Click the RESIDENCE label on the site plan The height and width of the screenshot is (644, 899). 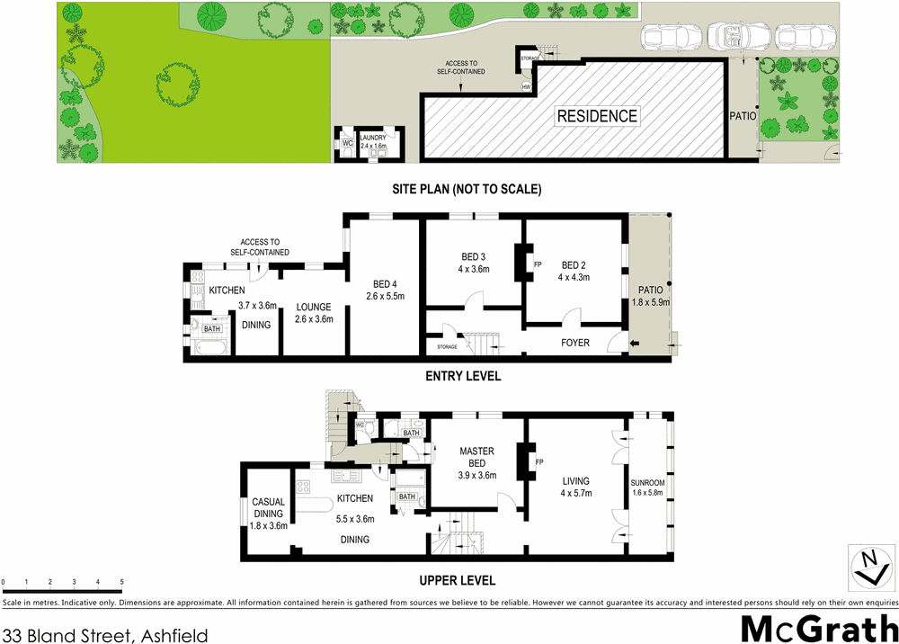click(597, 116)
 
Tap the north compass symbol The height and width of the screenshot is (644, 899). click(868, 566)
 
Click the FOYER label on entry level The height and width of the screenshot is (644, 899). click(574, 342)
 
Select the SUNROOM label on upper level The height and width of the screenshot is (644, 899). click(647, 483)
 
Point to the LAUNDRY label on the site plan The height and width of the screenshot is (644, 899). click(373, 138)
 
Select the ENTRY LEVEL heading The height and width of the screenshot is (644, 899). click(462, 376)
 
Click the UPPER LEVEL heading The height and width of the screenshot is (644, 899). click(458, 580)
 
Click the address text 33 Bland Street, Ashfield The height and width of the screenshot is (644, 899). click(105, 635)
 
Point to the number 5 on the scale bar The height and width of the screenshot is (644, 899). click(120, 583)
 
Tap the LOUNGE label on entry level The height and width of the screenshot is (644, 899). click(315, 307)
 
